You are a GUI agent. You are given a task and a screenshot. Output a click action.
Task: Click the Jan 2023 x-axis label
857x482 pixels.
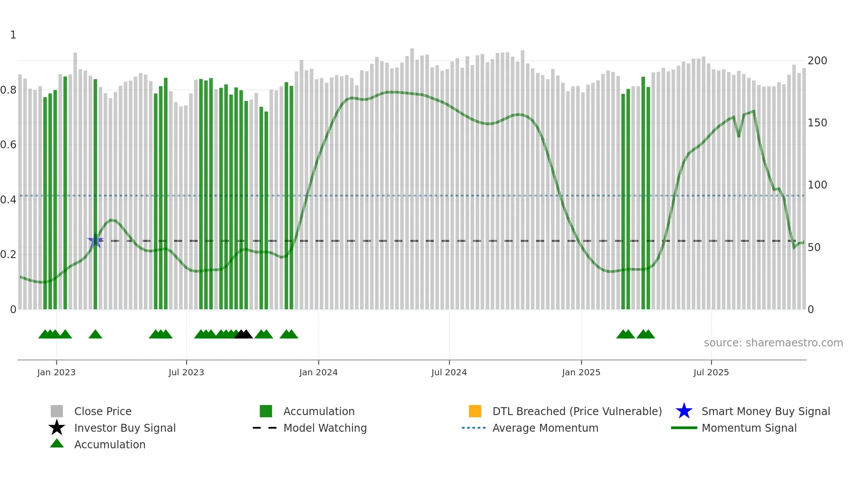[x=56, y=372]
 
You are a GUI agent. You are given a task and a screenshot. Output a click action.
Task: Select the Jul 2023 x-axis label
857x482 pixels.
[x=186, y=372]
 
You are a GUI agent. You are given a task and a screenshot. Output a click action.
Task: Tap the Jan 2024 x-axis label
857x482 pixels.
[x=318, y=372]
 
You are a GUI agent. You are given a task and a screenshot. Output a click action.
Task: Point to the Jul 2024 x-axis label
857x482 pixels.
[x=449, y=372]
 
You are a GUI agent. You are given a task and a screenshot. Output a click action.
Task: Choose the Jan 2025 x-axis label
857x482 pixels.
[x=581, y=372]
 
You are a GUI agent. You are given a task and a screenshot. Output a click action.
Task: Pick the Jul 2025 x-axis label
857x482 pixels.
[x=711, y=372]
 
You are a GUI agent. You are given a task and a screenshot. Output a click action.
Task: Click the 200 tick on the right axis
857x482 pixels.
[x=817, y=61]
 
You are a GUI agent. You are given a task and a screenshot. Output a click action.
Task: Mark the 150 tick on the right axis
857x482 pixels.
[x=817, y=123]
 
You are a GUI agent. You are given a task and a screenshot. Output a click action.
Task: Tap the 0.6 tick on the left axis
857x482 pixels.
[x=8, y=145]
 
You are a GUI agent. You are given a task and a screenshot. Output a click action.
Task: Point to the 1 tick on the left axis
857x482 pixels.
[x=13, y=35]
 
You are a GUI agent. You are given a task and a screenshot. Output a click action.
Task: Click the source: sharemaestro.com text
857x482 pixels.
[x=773, y=343]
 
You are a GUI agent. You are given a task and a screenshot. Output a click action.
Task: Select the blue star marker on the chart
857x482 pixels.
[x=95, y=241]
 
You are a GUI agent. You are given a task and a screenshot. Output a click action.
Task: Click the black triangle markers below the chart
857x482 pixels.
[x=244, y=334]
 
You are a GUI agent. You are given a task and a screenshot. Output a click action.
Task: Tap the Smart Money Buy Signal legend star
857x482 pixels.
[x=684, y=411]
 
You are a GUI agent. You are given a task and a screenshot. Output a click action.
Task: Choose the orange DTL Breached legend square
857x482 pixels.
[x=475, y=411]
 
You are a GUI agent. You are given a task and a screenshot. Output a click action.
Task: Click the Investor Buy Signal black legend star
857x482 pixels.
[x=57, y=428]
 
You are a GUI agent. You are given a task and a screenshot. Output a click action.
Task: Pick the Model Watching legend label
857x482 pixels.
[x=325, y=428]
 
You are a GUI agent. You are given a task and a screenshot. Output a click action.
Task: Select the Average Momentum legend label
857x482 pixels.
[x=545, y=428]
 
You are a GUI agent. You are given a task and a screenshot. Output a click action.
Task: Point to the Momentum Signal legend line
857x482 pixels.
[x=684, y=428]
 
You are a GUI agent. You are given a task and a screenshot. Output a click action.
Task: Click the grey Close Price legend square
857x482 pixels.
[x=57, y=411]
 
